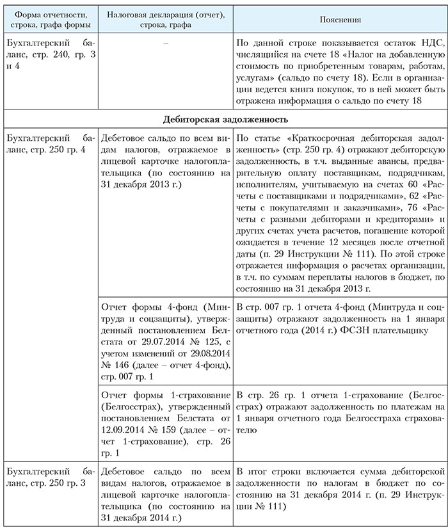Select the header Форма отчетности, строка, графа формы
[50, 19]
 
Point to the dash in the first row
[165, 42]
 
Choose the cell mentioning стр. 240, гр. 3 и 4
[50, 54]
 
